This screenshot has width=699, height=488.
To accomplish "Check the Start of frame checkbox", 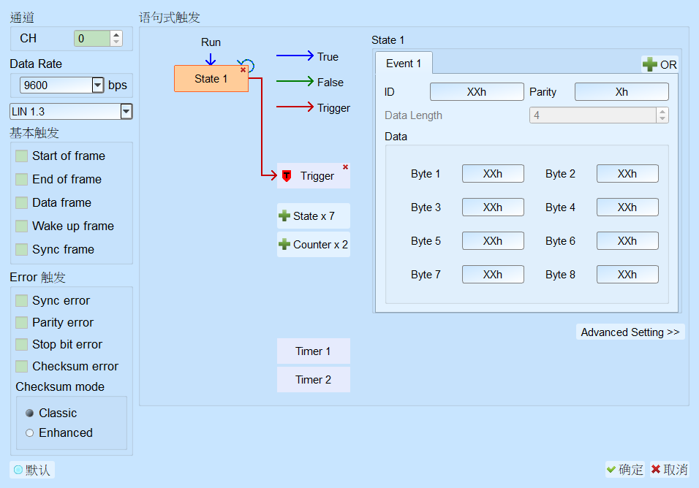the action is tap(21, 156).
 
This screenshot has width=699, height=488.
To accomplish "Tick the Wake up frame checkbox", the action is tap(21, 226).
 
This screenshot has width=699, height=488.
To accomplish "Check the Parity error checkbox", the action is tap(21, 322).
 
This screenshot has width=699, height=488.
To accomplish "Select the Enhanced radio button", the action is tap(29, 432).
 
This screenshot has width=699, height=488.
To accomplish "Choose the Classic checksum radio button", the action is tap(29, 413).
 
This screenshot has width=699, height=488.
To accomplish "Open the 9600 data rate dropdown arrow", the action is tap(98, 85).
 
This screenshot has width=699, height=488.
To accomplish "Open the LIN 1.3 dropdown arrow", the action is tap(126, 111).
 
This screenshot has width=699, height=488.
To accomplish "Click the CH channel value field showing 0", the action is tap(92, 38).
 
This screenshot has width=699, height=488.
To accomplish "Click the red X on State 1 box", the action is tap(243, 70).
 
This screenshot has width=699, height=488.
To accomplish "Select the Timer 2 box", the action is tap(314, 379).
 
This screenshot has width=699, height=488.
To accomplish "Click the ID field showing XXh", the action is tap(477, 92).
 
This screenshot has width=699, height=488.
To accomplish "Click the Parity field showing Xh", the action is tap(621, 92).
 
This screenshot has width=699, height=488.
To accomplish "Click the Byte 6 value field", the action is tap(627, 241).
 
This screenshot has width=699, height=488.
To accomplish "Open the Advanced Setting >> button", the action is tap(630, 332).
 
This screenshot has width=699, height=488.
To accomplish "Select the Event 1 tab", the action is tap(404, 64).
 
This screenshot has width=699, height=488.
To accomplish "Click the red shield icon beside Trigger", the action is tap(287, 176).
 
